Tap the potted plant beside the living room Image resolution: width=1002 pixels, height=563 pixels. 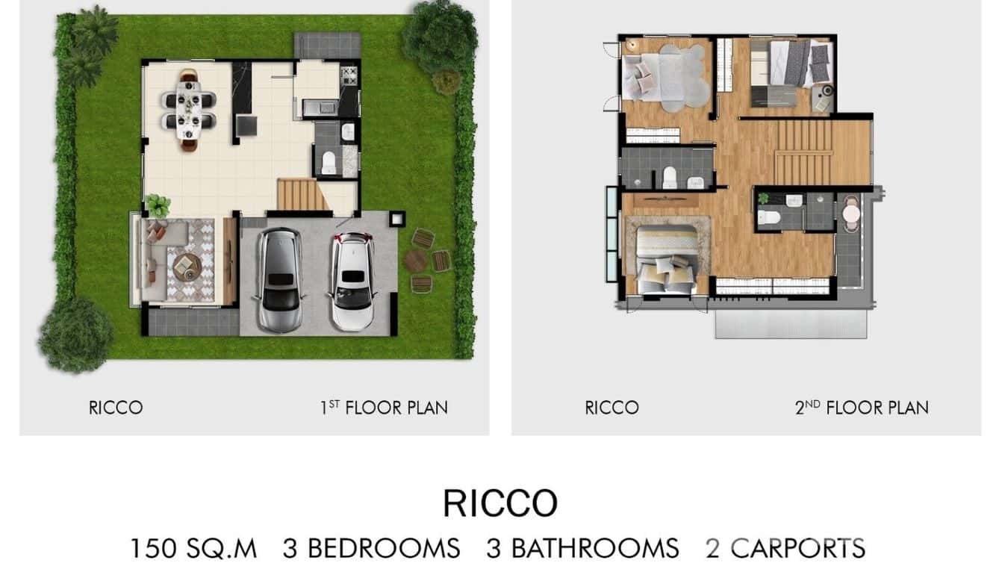(158, 204)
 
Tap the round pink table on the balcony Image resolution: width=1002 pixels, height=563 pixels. (850, 214)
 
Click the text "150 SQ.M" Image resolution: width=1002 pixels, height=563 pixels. (193, 547)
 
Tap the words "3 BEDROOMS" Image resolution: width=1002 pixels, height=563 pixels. (370, 547)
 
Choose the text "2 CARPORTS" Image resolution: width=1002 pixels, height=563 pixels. (785, 547)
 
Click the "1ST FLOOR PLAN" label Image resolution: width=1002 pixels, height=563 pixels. (384, 408)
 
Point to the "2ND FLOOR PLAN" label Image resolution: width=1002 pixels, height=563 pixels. (862, 408)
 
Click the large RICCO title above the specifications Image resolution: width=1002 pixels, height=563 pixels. (500, 503)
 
